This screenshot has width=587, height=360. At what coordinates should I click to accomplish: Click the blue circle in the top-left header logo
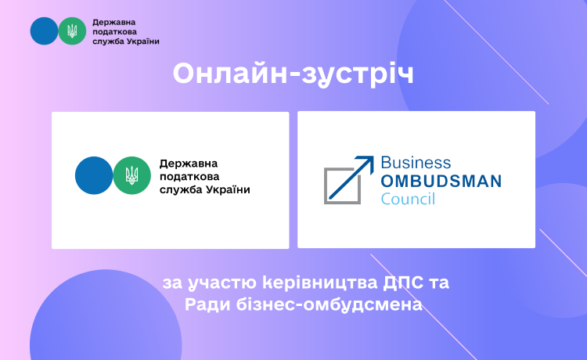click(44, 31)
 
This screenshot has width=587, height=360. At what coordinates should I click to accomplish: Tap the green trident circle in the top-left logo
click(72, 31)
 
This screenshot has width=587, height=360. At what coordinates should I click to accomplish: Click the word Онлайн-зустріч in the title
click(293, 74)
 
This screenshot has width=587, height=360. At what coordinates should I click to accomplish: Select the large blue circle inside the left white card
click(94, 175)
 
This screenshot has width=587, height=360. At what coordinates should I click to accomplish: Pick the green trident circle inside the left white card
click(131, 175)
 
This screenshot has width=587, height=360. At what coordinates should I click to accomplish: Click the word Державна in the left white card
click(189, 164)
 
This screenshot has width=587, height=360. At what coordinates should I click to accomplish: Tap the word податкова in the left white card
click(189, 177)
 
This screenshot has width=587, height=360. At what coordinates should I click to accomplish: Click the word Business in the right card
click(416, 163)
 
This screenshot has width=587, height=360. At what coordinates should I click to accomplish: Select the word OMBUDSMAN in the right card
click(441, 181)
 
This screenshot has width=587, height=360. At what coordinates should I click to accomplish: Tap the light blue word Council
click(408, 199)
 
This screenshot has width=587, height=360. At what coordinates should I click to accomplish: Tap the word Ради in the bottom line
click(207, 305)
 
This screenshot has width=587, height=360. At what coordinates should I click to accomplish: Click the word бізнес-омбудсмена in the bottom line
click(329, 304)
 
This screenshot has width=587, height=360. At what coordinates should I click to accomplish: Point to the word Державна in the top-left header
click(113, 23)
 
